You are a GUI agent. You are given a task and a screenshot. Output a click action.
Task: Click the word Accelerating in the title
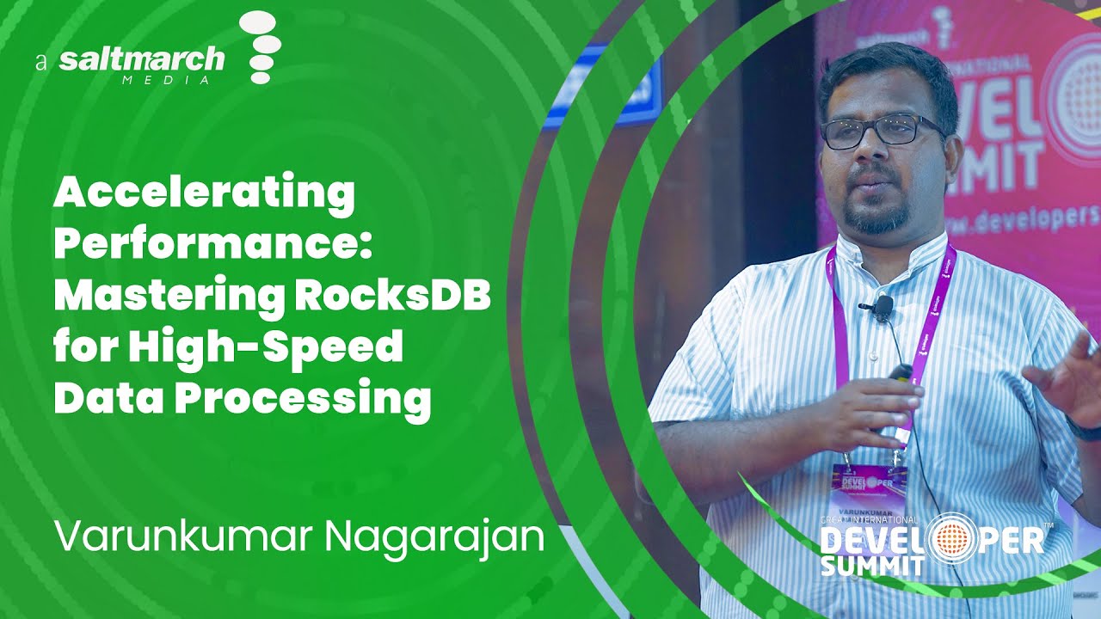point(204,195)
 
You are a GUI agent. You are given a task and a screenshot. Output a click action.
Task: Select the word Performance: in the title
point(212,247)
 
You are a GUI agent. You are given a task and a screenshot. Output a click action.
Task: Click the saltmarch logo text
point(142,60)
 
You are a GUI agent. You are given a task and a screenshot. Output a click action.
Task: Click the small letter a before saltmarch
point(40,63)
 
